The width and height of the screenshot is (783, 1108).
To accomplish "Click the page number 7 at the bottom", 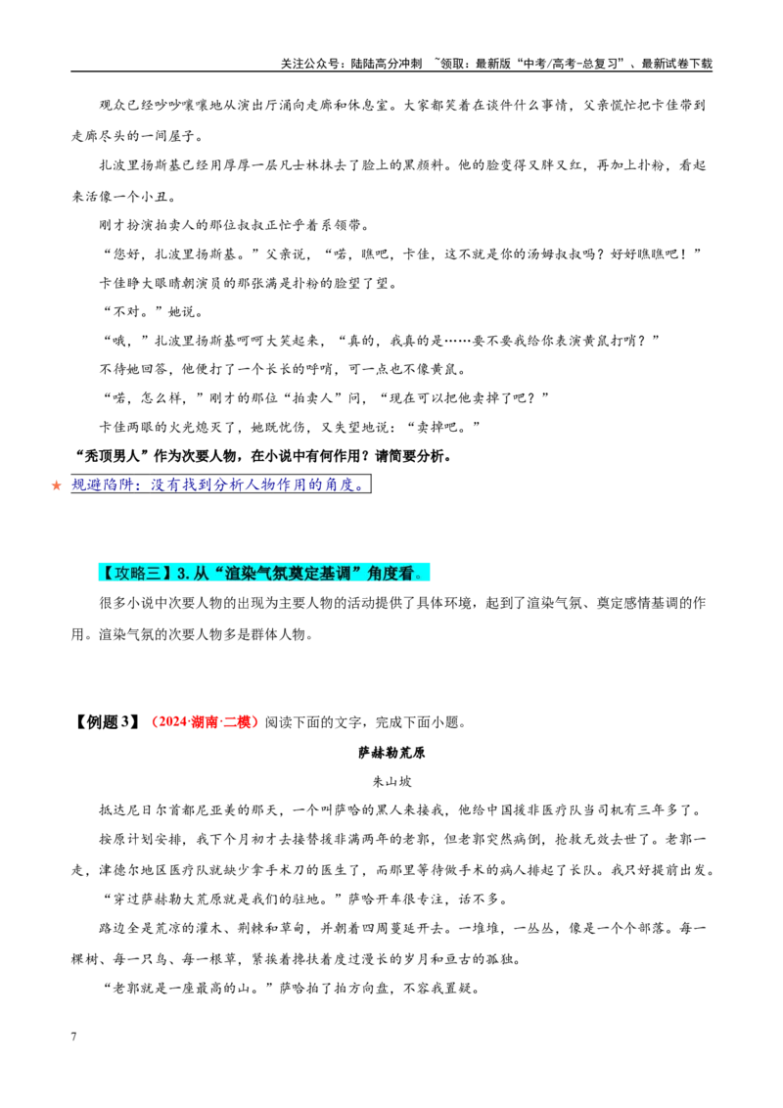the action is (x=73, y=1037).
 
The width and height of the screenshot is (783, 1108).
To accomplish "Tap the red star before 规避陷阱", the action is (x=57, y=485).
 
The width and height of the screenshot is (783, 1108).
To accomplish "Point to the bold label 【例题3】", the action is (x=107, y=722).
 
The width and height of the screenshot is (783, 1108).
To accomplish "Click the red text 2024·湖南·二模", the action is (x=202, y=722).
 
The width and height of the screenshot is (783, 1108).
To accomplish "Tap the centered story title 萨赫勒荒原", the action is (x=391, y=753).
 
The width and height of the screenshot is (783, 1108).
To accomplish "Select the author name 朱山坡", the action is (x=391, y=781).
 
